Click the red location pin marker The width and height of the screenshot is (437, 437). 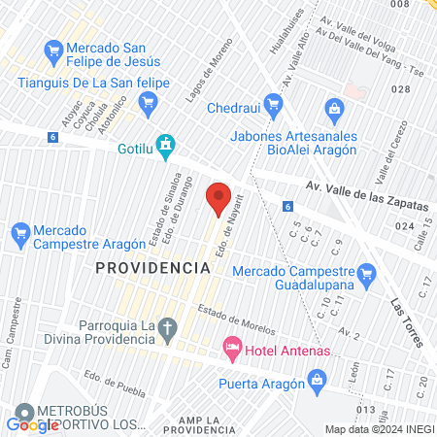point(218,198)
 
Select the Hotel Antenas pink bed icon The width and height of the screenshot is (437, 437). point(232,347)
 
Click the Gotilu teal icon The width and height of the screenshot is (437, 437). point(166,146)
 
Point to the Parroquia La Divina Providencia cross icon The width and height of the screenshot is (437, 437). point(168,331)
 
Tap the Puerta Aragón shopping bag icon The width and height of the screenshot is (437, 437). point(315,379)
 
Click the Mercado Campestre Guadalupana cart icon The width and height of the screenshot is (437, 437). point(366,276)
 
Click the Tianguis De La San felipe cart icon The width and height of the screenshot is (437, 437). point(149,102)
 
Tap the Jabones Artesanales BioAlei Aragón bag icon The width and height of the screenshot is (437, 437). point(335,108)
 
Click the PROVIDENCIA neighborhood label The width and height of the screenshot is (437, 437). point(152,266)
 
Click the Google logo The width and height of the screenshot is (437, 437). point(33,423)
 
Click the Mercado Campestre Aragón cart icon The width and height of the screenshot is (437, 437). point(18,233)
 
